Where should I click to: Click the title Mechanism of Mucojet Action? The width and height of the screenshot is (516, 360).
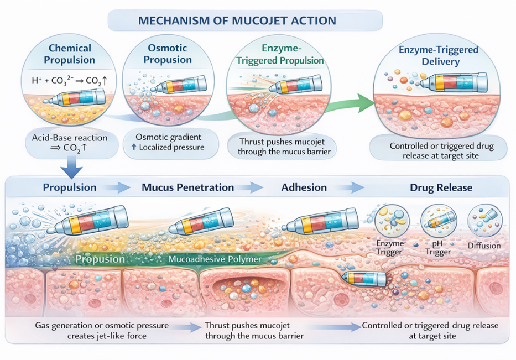coord(244,20)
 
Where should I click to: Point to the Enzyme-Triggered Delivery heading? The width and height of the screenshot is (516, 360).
coord(439,55)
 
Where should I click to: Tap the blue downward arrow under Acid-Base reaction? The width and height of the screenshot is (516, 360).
coord(72,166)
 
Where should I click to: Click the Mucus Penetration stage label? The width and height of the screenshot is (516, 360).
coord(187,187)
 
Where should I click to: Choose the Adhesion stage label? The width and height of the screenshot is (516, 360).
coord(304,187)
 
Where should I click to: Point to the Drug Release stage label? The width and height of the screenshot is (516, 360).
coord(441,187)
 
